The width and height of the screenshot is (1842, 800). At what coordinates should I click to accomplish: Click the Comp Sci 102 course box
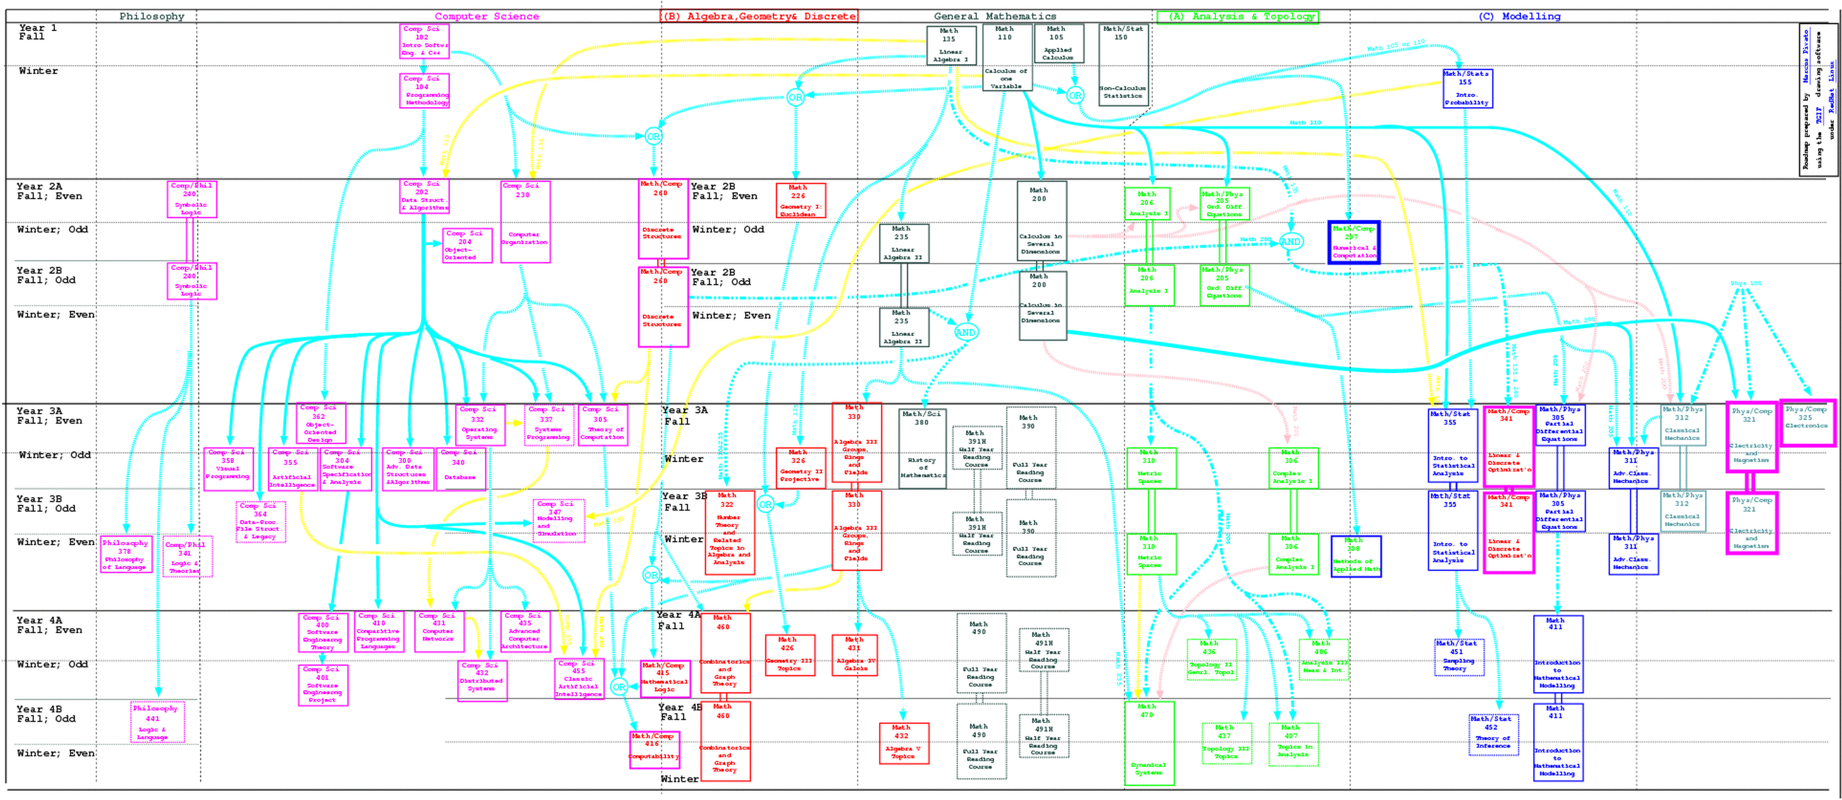pos(425,41)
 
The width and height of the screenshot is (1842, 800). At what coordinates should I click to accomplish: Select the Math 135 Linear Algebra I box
pos(951,46)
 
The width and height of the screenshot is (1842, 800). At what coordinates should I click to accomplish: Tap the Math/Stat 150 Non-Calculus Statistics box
pos(1123,64)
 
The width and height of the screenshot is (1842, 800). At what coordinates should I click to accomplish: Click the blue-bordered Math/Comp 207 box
pos(1354,242)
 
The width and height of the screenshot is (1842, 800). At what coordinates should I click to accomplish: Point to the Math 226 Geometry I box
pos(800,200)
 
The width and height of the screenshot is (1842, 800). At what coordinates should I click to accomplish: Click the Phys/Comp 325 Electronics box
pos(1806,422)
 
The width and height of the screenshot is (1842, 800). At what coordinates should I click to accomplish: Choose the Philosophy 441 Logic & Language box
pos(157,722)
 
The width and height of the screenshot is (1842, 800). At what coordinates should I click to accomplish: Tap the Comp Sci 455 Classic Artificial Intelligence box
pos(579,678)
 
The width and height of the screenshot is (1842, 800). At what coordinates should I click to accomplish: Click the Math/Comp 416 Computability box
pos(654,750)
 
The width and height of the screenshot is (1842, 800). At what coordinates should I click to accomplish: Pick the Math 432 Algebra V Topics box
pos(904,743)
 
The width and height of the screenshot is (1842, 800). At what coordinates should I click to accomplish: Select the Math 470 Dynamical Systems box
pos(1148,743)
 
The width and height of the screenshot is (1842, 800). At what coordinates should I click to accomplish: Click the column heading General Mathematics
pos(995,16)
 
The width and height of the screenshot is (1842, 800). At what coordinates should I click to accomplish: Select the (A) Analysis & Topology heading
pos(1237,16)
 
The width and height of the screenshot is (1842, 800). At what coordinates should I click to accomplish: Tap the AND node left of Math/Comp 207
pos(1290,242)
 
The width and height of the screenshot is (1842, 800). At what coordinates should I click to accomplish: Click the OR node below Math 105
pos(1075,95)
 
